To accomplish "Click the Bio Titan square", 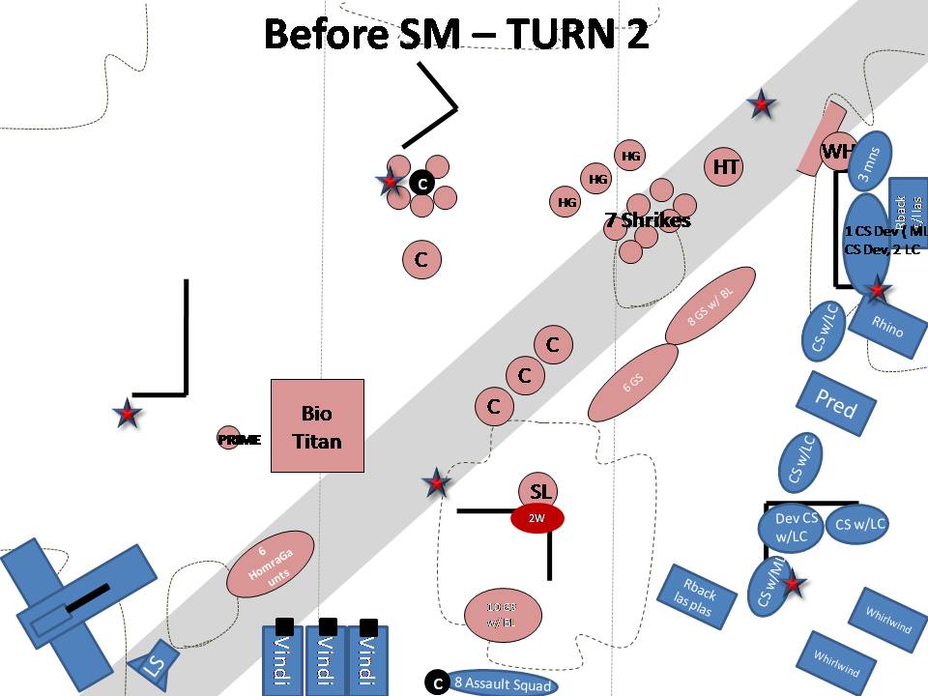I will [x=317, y=425].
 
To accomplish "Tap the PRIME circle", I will [x=228, y=439].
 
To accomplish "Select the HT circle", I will [x=726, y=167].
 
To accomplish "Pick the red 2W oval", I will [x=537, y=518].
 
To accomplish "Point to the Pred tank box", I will [x=835, y=403].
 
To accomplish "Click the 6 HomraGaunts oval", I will [x=270, y=565].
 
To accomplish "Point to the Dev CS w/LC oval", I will [x=796, y=526].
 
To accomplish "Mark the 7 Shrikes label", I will [x=648, y=220].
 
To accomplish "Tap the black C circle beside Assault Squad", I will [x=436, y=682].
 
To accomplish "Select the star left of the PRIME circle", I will [x=128, y=415].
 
